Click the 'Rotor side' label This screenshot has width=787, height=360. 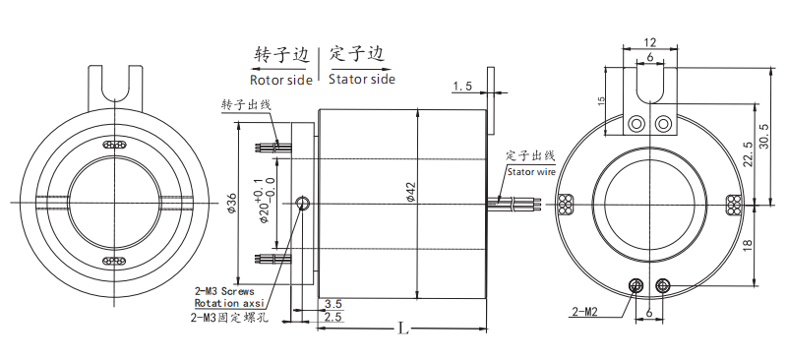click(x=282, y=79)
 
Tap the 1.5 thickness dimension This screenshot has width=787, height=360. click(x=462, y=88)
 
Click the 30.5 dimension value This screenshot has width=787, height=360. click(x=764, y=133)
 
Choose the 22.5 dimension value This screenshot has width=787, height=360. click(x=748, y=157)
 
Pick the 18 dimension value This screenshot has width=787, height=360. click(x=748, y=246)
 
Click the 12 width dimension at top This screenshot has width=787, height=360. click(x=649, y=42)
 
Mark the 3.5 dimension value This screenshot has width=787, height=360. click(x=333, y=304)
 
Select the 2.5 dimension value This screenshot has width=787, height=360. click(x=333, y=318)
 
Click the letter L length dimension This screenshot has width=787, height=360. click(x=402, y=329)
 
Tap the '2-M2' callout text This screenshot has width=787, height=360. click(x=585, y=314)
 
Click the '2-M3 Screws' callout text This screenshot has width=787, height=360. click(x=224, y=291)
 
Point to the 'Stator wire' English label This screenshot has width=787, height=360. click(x=531, y=170)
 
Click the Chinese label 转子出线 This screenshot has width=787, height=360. click(x=245, y=104)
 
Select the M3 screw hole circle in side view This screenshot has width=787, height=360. click(x=303, y=204)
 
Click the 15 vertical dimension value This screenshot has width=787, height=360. click(x=600, y=103)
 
